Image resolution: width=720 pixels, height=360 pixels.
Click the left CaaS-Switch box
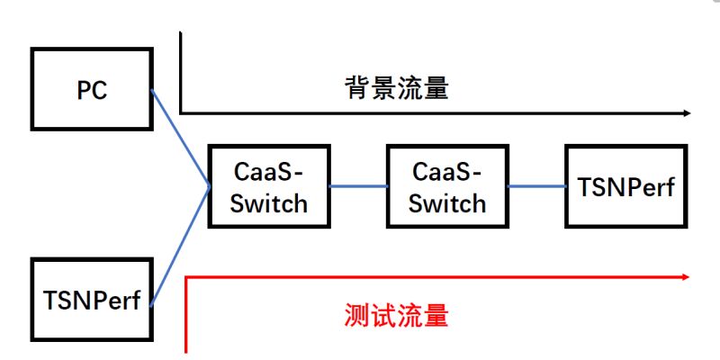268,185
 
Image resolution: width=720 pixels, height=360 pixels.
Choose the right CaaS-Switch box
446,185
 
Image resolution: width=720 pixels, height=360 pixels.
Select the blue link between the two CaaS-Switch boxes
357,186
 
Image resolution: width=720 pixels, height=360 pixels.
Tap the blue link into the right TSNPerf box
536,186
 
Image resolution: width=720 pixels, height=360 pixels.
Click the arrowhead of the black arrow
687,113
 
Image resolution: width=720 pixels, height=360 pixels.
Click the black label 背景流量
396,88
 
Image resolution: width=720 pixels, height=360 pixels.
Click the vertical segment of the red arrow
186,315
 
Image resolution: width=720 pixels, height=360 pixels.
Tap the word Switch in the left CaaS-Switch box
268,202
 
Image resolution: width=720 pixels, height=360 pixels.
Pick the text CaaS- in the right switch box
446,170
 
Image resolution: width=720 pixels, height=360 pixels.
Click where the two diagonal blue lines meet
210,186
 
